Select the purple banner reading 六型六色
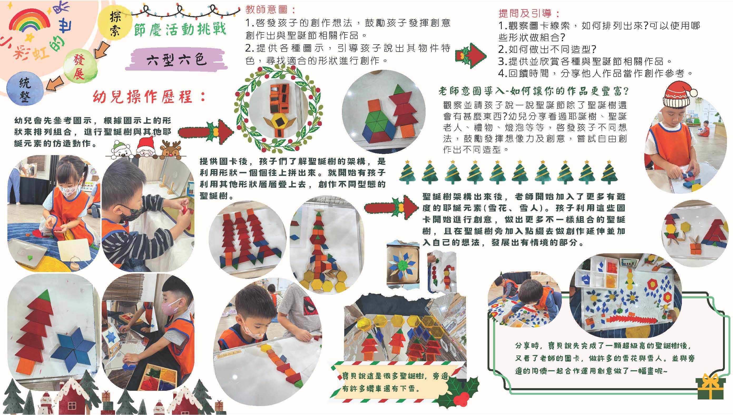click(175, 60)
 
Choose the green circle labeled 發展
click(79, 67)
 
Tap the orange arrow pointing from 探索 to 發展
click(101, 52)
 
